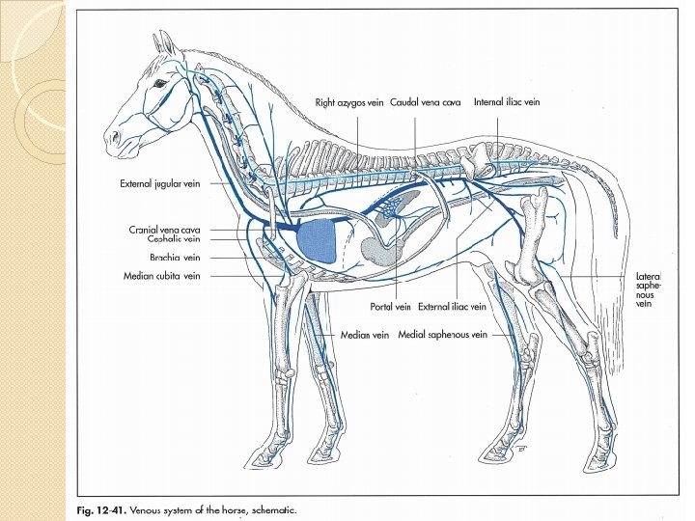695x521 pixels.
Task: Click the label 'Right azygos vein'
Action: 350,101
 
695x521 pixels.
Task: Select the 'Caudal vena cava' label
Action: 426,101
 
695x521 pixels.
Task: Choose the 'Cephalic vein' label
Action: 173,240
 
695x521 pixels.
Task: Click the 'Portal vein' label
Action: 391,307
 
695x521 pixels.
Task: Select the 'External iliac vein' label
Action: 454,307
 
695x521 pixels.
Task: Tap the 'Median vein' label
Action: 364,335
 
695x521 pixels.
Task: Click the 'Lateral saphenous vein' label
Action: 647,289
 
